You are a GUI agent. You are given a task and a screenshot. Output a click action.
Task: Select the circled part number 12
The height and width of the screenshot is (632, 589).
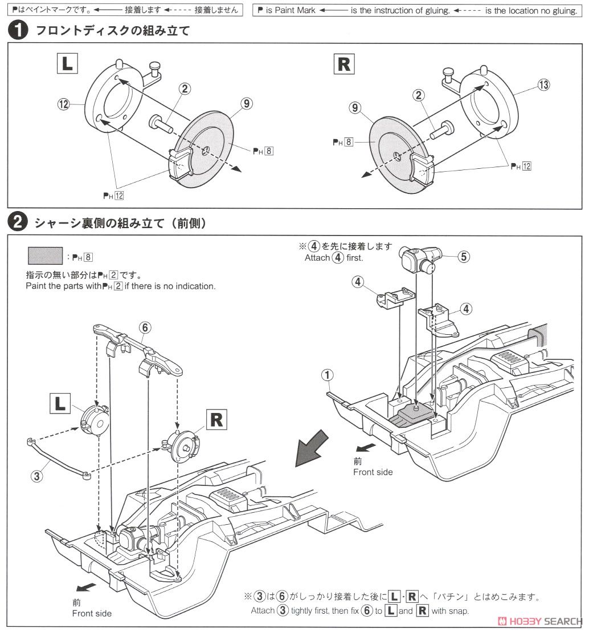click(x=63, y=104)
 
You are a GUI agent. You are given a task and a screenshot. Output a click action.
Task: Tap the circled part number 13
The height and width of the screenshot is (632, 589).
click(x=544, y=85)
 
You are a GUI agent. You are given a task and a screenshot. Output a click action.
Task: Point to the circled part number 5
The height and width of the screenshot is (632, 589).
click(x=464, y=257)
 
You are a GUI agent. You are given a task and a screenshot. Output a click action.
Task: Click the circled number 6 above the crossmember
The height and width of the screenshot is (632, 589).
click(x=145, y=327)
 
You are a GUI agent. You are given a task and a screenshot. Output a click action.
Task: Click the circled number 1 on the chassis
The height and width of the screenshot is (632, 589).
click(x=327, y=375)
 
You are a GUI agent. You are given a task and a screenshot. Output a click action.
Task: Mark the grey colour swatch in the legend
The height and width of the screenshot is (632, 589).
click(x=44, y=255)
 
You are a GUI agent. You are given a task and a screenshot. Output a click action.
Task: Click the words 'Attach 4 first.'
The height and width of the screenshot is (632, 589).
click(x=333, y=257)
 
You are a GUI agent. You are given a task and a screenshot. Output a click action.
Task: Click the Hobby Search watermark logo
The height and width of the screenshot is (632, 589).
click(x=540, y=621)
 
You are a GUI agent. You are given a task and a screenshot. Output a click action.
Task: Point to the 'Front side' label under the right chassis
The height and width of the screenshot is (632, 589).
click(x=373, y=472)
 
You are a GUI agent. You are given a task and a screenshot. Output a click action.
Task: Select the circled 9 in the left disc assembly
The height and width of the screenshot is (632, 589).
click(x=246, y=103)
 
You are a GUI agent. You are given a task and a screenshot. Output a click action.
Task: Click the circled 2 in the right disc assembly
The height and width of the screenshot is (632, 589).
click(x=420, y=96)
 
